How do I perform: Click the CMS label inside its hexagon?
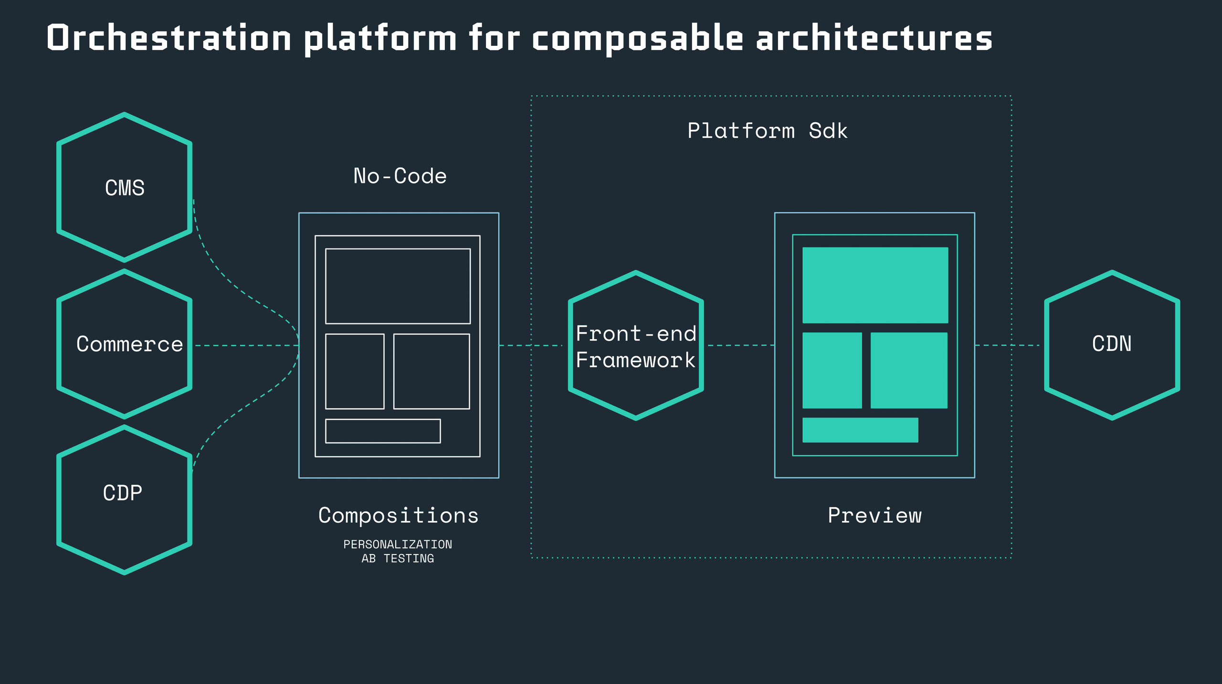pyautogui.click(x=125, y=188)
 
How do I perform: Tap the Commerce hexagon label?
pyautogui.click(x=129, y=344)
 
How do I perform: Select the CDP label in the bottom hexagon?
pyautogui.click(x=123, y=493)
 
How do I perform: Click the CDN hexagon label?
pyautogui.click(x=1112, y=344)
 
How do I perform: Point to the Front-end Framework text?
pyautogui.click(x=636, y=347)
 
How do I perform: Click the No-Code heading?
pyautogui.click(x=400, y=176)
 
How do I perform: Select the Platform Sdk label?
pyautogui.click(x=767, y=131)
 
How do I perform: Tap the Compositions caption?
pyautogui.click(x=399, y=515)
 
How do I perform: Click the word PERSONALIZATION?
pyautogui.click(x=398, y=545)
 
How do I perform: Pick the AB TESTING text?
pyautogui.click(x=398, y=558)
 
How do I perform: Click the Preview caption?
pyautogui.click(x=874, y=515)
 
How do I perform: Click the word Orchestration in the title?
pyautogui.click(x=169, y=38)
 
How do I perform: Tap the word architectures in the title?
pyautogui.click(x=874, y=38)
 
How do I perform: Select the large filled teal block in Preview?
pyautogui.click(x=875, y=285)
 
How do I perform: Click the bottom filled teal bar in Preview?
pyautogui.click(x=860, y=430)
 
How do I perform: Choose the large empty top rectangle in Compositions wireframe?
pyautogui.click(x=398, y=286)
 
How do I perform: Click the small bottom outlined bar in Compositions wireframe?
pyautogui.click(x=383, y=431)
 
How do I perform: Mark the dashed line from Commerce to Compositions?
pyautogui.click(x=246, y=345)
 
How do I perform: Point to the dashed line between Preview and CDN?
pyautogui.click(x=1007, y=345)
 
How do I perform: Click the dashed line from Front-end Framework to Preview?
pyautogui.click(x=740, y=345)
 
